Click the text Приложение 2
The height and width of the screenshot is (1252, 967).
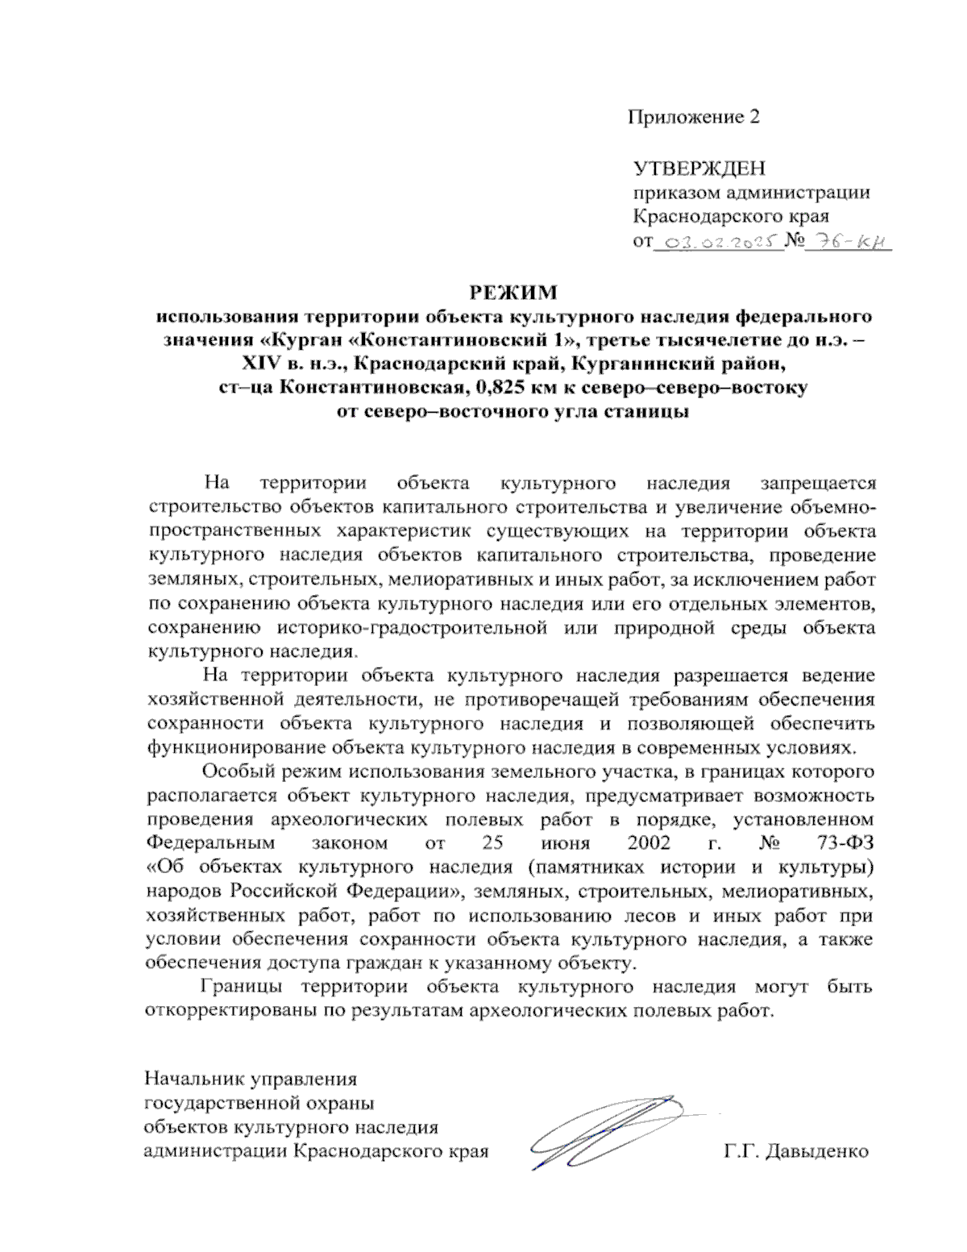pos(694,117)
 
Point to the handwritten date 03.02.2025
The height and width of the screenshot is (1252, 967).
pos(720,240)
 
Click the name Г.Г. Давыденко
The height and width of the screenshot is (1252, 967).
pos(797,1150)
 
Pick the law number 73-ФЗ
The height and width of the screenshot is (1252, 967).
pos(845,843)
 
